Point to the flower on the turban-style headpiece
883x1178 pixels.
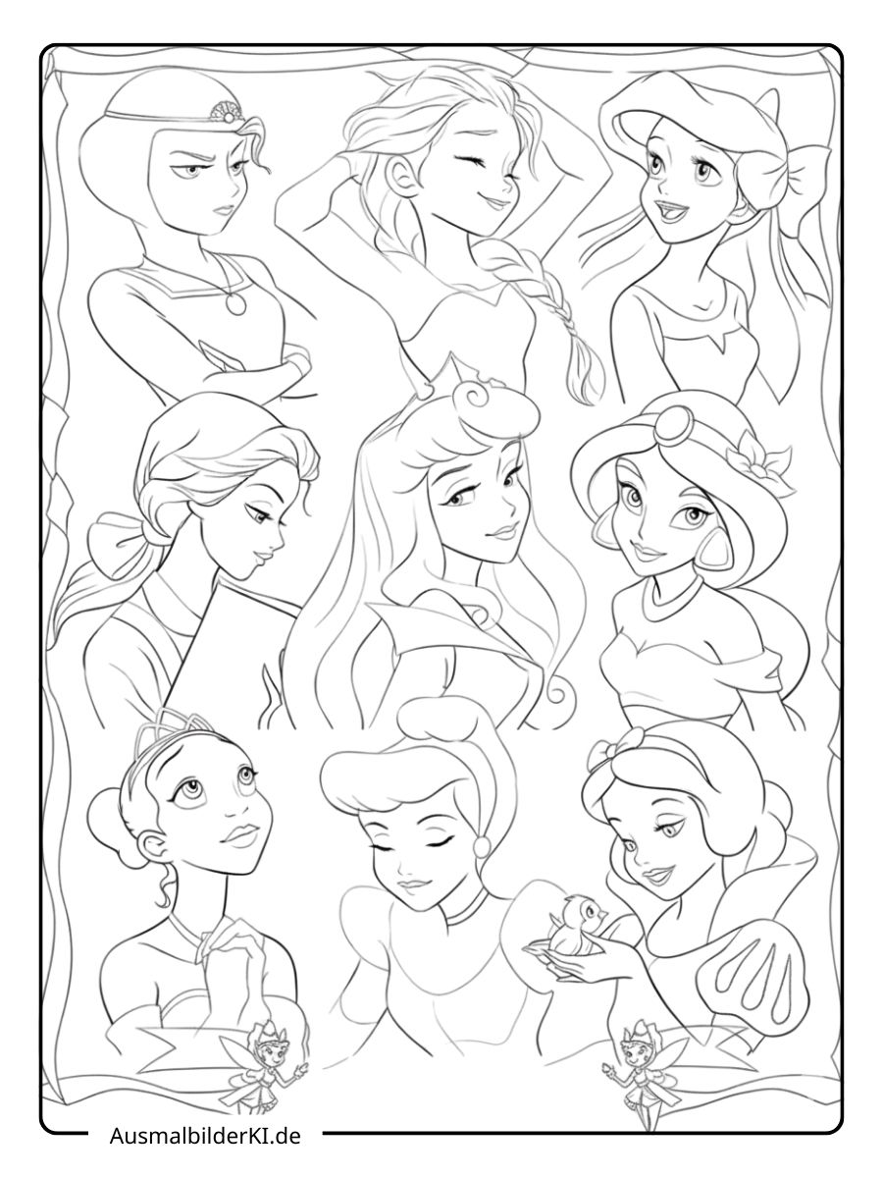click(753, 455)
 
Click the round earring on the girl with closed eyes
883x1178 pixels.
click(482, 844)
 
